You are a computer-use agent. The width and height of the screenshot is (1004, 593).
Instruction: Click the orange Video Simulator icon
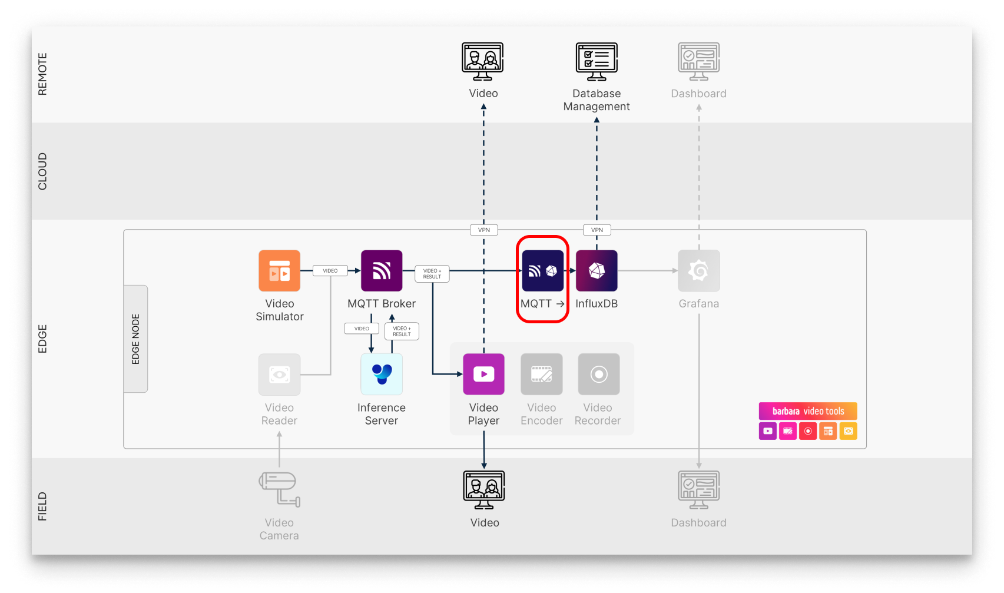(279, 271)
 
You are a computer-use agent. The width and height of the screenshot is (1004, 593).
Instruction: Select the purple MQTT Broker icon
(382, 271)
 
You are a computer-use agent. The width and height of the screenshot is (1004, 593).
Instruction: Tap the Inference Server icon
(382, 374)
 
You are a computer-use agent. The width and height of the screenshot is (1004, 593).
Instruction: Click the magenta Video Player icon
(483, 374)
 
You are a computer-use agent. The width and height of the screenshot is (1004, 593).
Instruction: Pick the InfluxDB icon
(597, 271)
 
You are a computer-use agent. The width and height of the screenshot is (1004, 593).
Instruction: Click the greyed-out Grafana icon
(698, 271)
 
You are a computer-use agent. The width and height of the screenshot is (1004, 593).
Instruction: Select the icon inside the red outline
(542, 271)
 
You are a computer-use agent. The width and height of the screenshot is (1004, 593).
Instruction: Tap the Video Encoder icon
(541, 374)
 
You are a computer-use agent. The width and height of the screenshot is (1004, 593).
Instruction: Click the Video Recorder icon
(598, 374)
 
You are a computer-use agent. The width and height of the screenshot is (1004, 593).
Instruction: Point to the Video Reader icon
(279, 374)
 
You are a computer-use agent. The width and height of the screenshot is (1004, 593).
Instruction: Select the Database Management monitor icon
(597, 61)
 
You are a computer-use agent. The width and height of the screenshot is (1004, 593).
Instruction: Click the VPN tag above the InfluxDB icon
(597, 230)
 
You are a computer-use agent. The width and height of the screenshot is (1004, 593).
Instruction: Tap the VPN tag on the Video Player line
(483, 230)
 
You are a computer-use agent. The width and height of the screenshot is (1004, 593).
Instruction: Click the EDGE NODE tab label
(135, 339)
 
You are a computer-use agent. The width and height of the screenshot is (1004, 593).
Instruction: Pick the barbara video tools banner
(807, 411)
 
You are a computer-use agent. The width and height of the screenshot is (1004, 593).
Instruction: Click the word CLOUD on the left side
(42, 171)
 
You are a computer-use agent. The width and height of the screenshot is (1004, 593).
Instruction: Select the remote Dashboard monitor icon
(698, 61)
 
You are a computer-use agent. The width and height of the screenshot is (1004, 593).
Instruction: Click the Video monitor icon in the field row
(483, 489)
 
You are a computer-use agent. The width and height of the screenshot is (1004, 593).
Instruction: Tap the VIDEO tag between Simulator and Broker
(330, 271)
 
